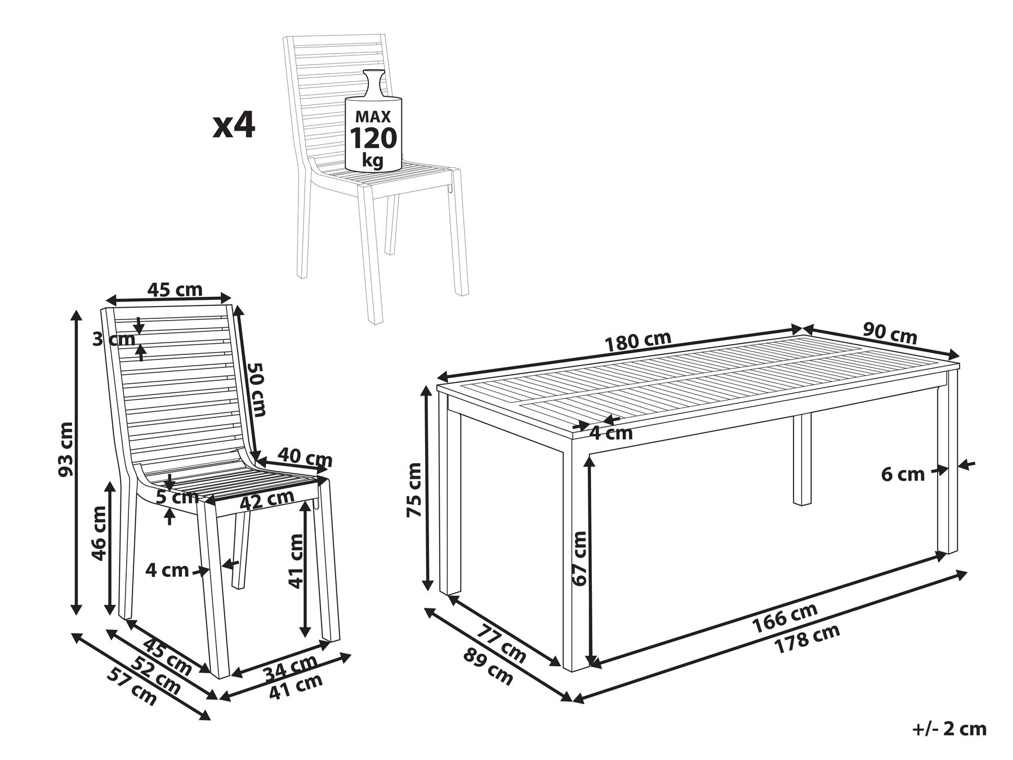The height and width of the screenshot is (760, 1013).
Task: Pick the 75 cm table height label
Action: [x=414, y=489]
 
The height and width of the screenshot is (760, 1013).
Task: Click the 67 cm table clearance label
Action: [x=580, y=558]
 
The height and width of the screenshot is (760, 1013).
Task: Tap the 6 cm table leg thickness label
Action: [x=903, y=475]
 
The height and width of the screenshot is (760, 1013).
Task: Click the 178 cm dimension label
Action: [x=807, y=638]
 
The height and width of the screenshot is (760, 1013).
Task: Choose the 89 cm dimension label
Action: [x=488, y=667]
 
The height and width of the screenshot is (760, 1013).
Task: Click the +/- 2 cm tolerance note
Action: [x=949, y=728]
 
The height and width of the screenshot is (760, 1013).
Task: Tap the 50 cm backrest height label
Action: [x=257, y=389]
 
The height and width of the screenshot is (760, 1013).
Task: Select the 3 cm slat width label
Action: [x=114, y=339]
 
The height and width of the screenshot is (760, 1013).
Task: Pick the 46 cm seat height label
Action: [x=99, y=533]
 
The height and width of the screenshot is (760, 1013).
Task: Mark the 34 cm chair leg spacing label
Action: [x=291, y=666]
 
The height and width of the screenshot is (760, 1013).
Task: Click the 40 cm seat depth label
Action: [x=305, y=457]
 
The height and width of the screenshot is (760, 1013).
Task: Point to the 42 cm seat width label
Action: [x=267, y=499]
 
